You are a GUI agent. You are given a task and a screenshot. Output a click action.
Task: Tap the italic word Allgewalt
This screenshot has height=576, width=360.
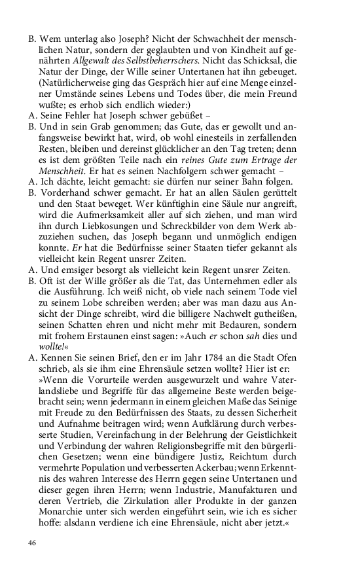94,61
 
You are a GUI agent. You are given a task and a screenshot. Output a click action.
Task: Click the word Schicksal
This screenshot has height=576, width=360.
260,61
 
